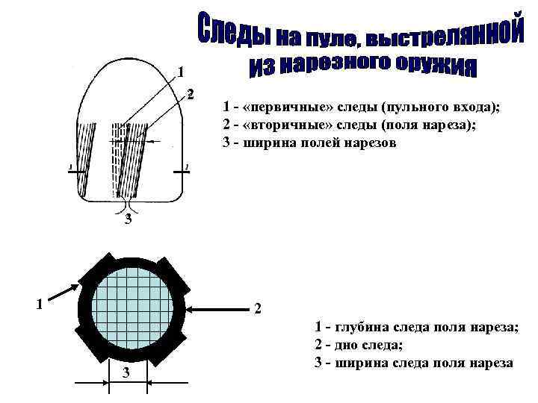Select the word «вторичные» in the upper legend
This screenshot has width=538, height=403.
[279, 125]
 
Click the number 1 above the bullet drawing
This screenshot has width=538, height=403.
[180, 72]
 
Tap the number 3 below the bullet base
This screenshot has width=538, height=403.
[129, 219]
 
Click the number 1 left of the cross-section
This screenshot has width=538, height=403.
[40, 304]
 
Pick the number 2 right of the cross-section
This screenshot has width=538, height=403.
[258, 308]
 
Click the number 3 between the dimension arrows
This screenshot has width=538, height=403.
[126, 373]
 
